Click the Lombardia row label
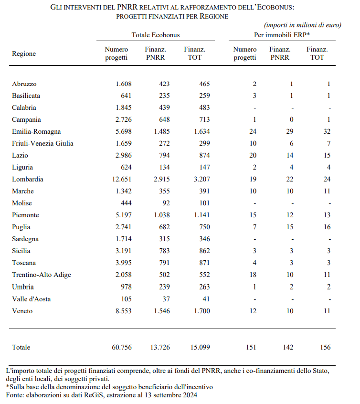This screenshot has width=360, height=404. click(28, 179)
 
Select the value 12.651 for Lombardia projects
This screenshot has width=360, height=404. click(120, 179)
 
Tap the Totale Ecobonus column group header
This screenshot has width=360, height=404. click(156, 35)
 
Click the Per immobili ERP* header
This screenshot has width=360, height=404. click(282, 35)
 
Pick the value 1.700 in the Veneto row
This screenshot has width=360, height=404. click(201, 311)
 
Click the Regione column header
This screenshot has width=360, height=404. click(24, 53)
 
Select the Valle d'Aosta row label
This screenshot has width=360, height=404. click(32, 299)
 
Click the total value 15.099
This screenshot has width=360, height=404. click(200, 347)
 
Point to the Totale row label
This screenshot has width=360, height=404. click(21, 347)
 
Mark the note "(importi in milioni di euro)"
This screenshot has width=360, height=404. click(303, 25)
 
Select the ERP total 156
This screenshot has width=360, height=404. click(325, 347)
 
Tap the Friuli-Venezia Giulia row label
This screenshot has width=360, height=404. click(42, 143)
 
